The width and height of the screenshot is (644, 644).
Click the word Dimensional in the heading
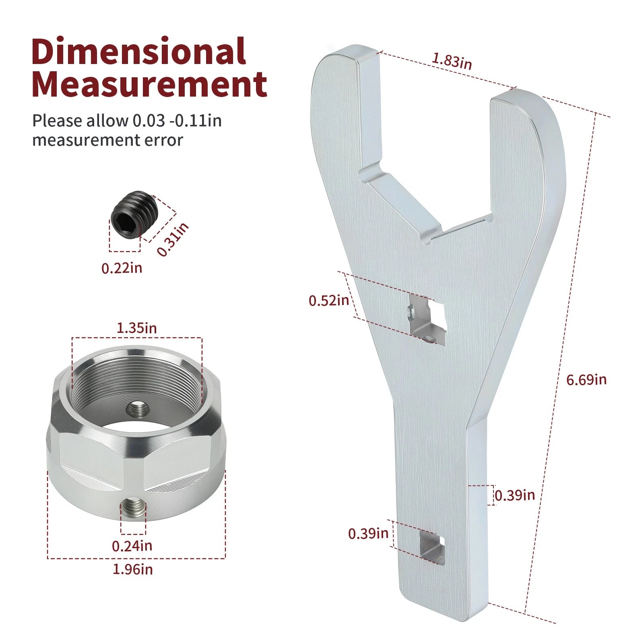click(139, 51)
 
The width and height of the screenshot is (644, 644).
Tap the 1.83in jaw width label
click(452, 61)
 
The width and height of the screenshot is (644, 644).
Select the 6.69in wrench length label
click(586, 380)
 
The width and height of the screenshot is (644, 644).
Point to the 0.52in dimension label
click(329, 300)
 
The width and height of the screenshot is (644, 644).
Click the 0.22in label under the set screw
click(122, 268)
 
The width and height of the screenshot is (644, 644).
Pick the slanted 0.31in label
click(172, 239)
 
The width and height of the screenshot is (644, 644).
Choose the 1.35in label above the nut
click(136, 328)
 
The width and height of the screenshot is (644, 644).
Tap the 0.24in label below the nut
click(132, 546)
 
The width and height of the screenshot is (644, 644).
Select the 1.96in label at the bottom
click(132, 570)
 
